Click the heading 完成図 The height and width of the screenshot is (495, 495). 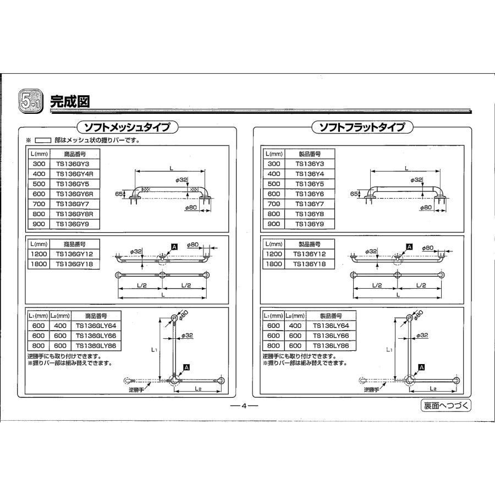70,101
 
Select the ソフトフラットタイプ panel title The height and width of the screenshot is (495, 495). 362,128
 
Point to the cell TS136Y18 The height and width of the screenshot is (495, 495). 311,264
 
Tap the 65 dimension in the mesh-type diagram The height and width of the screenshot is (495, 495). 119,194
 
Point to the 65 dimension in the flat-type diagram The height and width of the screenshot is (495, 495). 354,194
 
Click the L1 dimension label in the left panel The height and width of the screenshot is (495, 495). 154,349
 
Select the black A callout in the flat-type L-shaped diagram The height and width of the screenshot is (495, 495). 421,366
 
